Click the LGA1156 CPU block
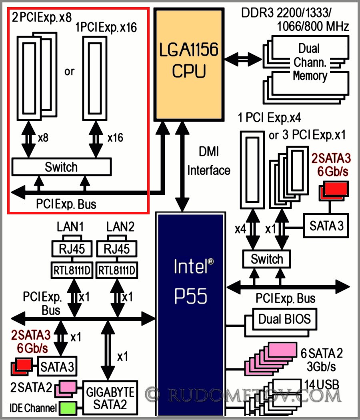pyautogui.click(x=189, y=64)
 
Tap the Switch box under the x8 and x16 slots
pyautogui.click(x=62, y=167)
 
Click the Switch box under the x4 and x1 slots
pyautogui.click(x=267, y=259)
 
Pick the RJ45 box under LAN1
pyautogui.click(x=71, y=249)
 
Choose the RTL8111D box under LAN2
pyautogui.click(x=117, y=270)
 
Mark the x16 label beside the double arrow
pyautogui.click(x=116, y=138)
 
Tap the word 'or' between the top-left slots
pyautogui.click(x=69, y=72)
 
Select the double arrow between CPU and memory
pyautogui.click(x=243, y=60)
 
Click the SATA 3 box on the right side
pyautogui.click(x=326, y=226)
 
